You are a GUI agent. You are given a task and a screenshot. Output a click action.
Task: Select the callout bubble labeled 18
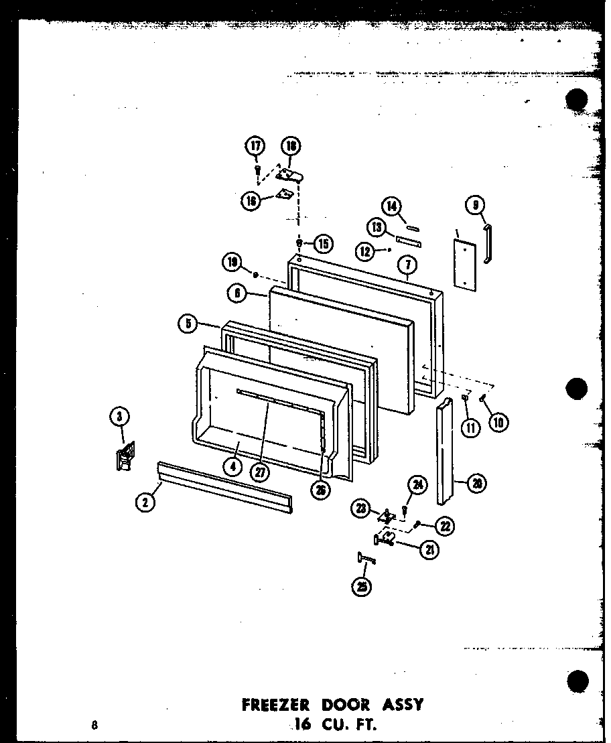pyautogui.click(x=291, y=146)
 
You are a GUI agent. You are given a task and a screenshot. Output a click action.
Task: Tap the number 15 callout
pyautogui.click(x=322, y=243)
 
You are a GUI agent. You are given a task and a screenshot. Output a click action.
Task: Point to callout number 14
pyautogui.click(x=391, y=205)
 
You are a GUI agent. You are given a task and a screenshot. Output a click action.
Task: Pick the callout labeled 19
pyautogui.click(x=232, y=263)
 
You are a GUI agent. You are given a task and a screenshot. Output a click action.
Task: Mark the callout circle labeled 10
pyautogui.click(x=498, y=421)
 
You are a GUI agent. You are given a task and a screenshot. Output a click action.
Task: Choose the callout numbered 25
pyautogui.click(x=363, y=586)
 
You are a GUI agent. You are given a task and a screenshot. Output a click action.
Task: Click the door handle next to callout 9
pyautogui.click(x=488, y=245)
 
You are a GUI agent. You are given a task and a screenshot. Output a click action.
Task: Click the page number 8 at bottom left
pyautogui.click(x=96, y=724)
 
